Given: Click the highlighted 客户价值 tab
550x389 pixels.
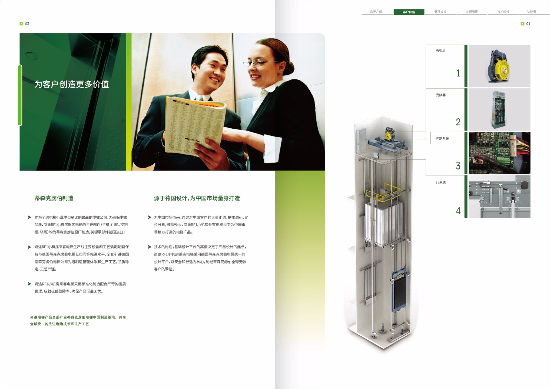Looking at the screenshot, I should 409,12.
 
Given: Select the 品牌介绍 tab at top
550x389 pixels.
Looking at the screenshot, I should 376,12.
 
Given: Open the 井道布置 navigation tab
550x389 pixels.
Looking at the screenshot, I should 472,12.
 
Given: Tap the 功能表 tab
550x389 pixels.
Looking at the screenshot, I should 531,12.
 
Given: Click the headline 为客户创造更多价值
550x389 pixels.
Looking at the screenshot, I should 71,84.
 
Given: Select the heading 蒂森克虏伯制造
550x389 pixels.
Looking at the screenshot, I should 54,198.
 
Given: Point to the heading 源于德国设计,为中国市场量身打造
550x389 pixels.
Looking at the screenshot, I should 197,198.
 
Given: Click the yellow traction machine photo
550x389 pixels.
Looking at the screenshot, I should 499,66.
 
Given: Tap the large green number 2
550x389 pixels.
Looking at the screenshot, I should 458,122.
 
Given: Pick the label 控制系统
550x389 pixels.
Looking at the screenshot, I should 442,139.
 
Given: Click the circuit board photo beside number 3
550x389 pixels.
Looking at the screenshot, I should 499,153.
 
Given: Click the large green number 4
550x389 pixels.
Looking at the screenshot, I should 458,210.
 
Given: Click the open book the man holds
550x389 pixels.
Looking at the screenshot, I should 194,126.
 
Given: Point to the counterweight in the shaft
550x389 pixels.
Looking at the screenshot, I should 399,291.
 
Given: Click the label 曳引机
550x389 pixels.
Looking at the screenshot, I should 440,51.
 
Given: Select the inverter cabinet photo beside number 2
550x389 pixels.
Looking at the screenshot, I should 498,109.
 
